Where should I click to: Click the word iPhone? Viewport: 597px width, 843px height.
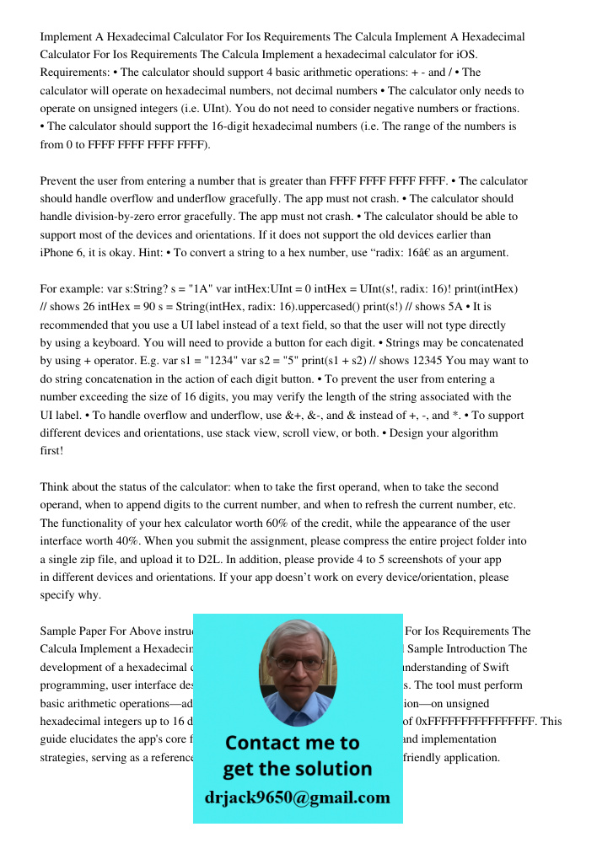(59, 252)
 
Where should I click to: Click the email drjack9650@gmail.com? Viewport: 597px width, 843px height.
(298, 797)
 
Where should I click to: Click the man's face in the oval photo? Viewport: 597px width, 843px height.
(297, 670)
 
